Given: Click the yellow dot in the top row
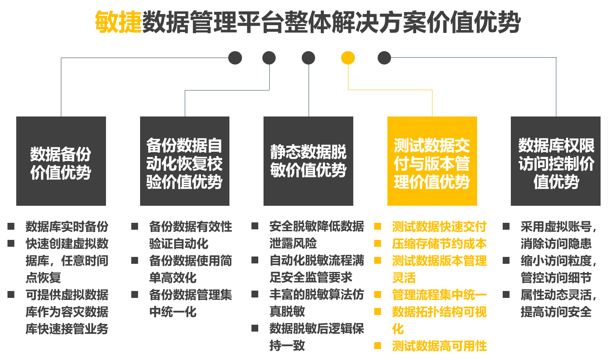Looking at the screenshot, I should [x=348, y=58].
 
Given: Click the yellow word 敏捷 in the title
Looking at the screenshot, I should [x=118, y=22].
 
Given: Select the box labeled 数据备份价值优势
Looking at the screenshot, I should [x=61, y=161].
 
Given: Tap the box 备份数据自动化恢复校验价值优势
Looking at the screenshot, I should [x=185, y=161].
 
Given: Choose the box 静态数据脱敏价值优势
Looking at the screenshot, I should [x=308, y=161].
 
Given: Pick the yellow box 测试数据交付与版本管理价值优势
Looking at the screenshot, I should [x=432, y=161].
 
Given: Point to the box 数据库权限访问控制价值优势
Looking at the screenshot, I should [x=555, y=161].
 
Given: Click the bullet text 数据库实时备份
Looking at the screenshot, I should [x=67, y=226].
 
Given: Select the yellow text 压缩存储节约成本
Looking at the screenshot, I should [x=439, y=244].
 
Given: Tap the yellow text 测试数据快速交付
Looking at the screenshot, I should [x=439, y=226].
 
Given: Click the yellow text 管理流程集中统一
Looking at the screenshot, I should [x=439, y=295].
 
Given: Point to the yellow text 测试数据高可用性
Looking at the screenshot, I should [x=439, y=346].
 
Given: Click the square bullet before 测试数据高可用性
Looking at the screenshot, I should [x=378, y=346].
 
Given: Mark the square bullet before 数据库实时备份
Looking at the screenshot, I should [x=11, y=226].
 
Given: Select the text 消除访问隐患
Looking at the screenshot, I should [x=556, y=244].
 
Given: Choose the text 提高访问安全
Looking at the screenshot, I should [x=556, y=312].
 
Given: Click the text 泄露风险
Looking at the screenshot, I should [x=293, y=244].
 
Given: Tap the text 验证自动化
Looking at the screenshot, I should [x=179, y=244].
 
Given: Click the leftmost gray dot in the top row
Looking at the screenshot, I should [x=235, y=58].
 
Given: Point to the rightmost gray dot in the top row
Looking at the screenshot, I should [x=384, y=58].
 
